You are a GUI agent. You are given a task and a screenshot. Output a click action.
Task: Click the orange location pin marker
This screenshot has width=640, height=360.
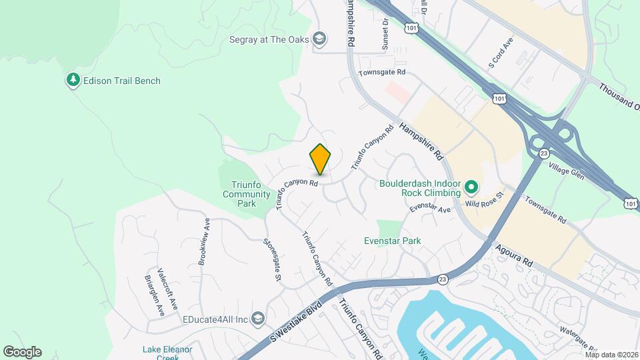click(321, 159)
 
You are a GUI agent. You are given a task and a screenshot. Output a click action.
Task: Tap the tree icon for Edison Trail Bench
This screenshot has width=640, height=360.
click(73, 81)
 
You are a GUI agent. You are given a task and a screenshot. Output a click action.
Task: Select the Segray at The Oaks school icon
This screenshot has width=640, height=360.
click(320, 39)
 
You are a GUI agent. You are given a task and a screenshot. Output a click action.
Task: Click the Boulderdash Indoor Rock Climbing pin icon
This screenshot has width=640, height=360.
click(471, 187)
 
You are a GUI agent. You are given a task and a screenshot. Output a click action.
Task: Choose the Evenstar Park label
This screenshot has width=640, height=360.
click(392, 241)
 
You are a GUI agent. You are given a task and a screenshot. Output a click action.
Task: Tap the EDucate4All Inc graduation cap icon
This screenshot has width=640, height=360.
click(258, 319)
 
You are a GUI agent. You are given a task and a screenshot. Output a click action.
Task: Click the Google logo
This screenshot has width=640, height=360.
click(22, 351)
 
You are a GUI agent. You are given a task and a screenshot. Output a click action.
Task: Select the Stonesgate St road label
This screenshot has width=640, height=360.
click(273, 259)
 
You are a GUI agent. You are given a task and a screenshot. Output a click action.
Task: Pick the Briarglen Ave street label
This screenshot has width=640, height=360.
click(153, 295)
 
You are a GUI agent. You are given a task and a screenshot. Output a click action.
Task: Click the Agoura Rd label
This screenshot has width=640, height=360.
click(514, 254)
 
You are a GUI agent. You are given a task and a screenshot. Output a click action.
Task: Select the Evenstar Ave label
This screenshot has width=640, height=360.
click(430, 209)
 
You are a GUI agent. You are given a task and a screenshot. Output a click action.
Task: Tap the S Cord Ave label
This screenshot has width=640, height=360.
click(501, 53)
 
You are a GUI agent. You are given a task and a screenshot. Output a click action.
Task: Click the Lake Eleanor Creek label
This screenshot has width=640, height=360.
click(167, 353)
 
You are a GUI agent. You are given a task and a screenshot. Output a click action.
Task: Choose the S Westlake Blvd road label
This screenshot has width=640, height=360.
click(296, 322)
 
